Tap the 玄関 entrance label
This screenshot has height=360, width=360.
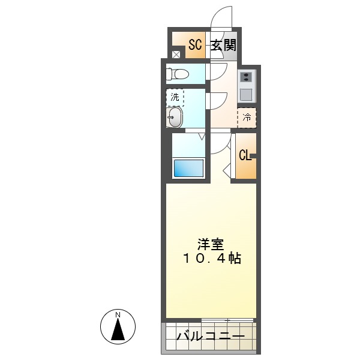[x=223, y=44]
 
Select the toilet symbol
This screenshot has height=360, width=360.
[x=177, y=74]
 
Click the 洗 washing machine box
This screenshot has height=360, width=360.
[x=175, y=97]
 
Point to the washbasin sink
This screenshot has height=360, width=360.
[x=175, y=117]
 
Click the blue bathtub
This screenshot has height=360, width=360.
[x=188, y=167]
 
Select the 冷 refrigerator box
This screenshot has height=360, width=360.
[x=247, y=117]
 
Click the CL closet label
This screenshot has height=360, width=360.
[x=245, y=155]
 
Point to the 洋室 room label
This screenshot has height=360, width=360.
[x=211, y=244]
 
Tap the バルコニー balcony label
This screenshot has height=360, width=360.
[x=210, y=337]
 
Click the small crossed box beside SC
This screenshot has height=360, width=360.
[x=176, y=55]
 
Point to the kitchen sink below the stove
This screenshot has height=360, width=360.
[x=247, y=94]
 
